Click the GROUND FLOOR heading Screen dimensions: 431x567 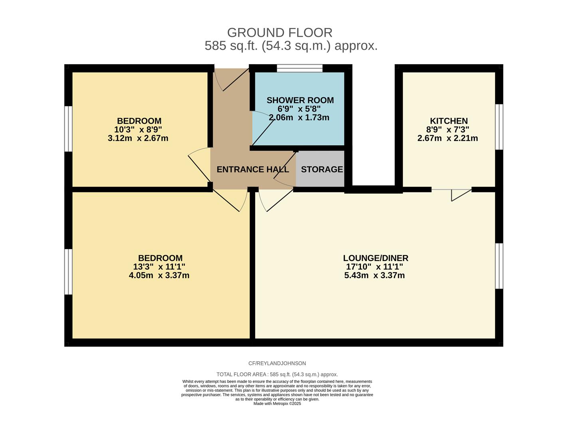[280, 32]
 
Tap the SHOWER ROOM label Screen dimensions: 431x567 [300, 100]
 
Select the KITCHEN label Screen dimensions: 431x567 [448, 121]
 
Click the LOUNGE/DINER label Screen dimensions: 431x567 [375, 258]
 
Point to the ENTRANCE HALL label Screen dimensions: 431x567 [252, 169]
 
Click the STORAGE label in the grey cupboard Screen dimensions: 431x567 [322, 169]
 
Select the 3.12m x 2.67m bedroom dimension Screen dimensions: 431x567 [138, 138]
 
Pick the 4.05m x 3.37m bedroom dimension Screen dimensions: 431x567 [159, 275]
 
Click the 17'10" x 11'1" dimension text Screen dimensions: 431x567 [374, 267]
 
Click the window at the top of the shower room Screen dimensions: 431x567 [299, 69]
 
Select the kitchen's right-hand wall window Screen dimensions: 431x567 [499, 127]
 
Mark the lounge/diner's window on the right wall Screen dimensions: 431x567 [499, 266]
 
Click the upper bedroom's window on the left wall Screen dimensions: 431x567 [69, 129]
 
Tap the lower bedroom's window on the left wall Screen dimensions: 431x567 [69, 272]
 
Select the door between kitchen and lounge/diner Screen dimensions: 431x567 [452, 192]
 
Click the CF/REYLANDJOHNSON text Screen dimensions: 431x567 [277, 363]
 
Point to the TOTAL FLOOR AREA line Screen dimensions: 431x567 [277, 374]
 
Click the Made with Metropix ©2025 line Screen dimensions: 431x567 [277, 403]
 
